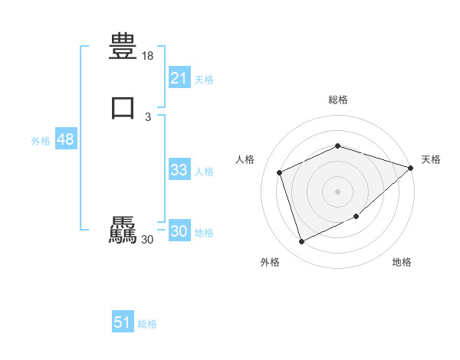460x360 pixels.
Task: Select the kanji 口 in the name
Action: coord(123,108)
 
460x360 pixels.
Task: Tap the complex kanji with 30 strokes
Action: coord(123,231)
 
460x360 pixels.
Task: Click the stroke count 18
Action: coord(148,56)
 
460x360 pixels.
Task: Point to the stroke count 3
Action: coord(148,117)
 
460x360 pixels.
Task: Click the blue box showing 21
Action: coord(179,78)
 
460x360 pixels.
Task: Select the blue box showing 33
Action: coord(179,170)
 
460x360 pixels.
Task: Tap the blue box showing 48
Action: coord(65,140)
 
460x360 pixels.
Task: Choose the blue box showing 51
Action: coord(123,322)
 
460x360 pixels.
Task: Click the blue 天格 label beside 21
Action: coord(204,80)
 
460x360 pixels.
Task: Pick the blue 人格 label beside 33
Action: coord(205,172)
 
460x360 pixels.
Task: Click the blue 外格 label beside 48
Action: coord(41,141)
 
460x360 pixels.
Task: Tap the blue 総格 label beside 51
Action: coord(147,324)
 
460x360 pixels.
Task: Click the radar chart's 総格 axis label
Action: coord(337,100)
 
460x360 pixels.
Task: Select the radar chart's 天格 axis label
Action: coord(431,159)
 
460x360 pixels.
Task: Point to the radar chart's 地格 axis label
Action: coord(402,263)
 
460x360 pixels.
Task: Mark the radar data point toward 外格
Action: coord(301,242)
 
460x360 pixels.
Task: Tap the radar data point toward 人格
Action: coord(280,172)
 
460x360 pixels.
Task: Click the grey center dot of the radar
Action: coord(337,191)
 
